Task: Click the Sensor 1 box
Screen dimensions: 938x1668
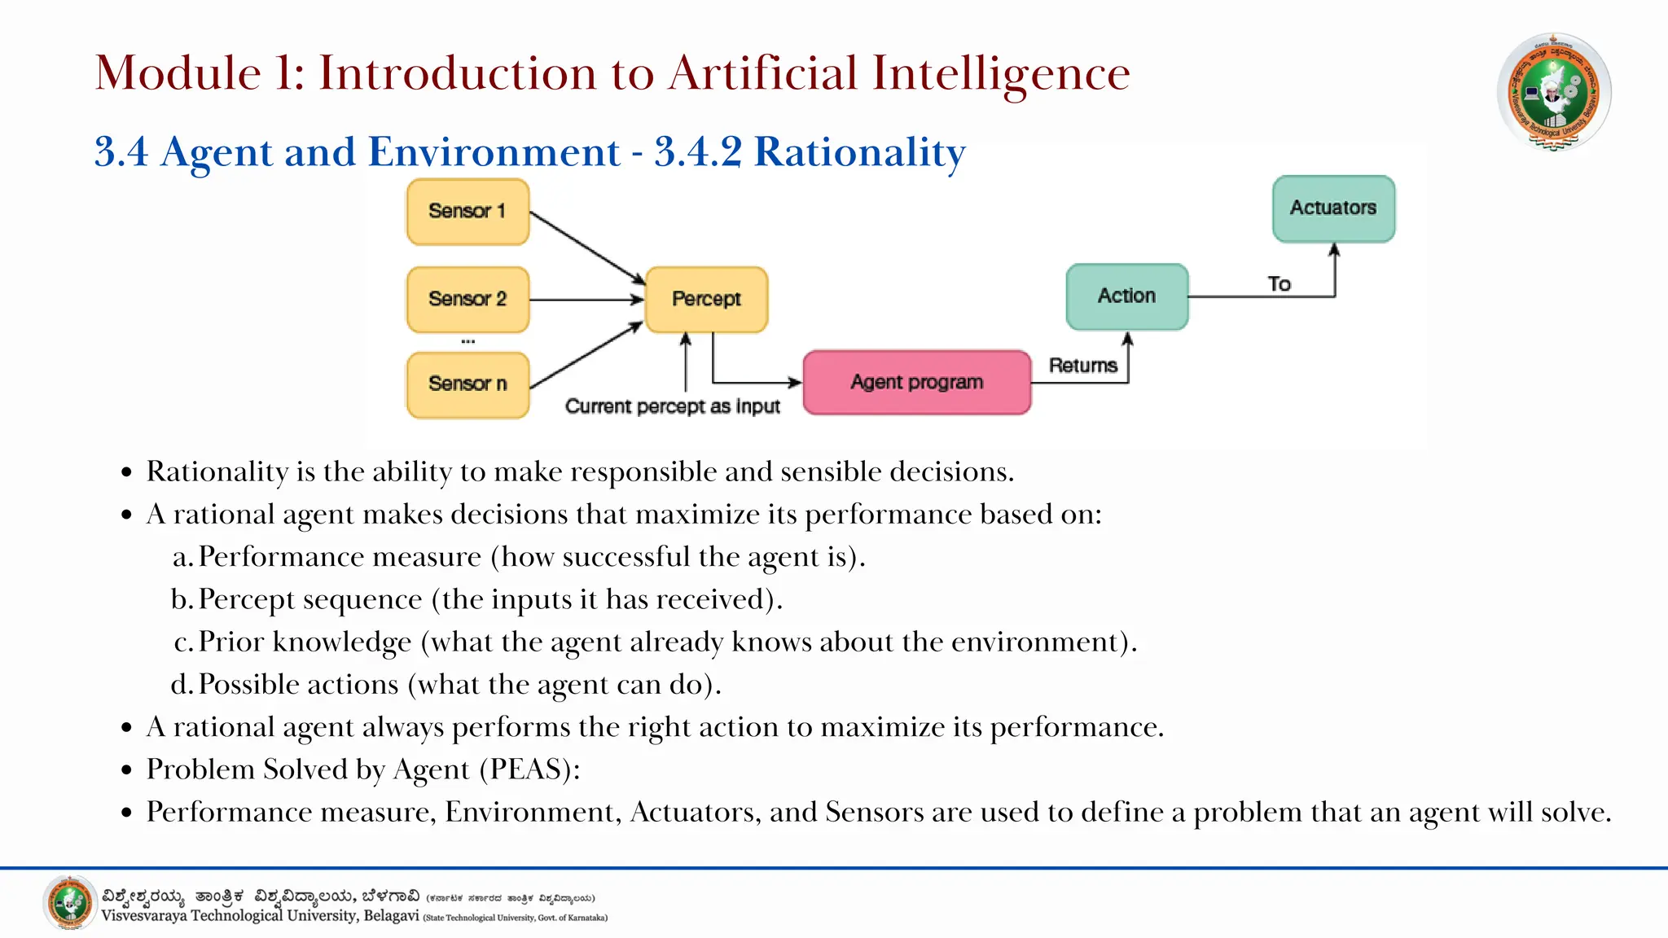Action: [x=467, y=212]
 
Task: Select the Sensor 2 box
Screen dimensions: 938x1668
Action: [x=467, y=299]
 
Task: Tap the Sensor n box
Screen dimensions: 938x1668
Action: [x=467, y=384]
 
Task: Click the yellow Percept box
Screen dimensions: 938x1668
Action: [x=706, y=299]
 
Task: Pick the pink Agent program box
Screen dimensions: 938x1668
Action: [x=916, y=383]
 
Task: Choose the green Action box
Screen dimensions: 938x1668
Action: [x=1126, y=296]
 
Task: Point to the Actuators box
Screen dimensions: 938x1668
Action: [x=1333, y=208]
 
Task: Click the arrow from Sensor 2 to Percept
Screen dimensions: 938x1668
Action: [x=586, y=300]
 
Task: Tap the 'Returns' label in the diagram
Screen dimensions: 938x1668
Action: [x=1082, y=366]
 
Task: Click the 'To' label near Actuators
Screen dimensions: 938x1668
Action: [x=1279, y=284]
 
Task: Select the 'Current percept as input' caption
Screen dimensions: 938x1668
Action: [x=673, y=406]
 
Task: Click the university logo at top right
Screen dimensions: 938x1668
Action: [x=1553, y=92]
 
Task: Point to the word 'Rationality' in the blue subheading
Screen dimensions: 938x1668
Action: [x=859, y=153]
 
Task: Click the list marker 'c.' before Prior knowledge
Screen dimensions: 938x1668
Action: [x=184, y=642]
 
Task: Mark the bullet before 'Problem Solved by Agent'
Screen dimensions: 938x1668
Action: [x=126, y=770]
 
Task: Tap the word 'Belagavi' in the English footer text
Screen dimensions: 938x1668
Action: [x=391, y=916]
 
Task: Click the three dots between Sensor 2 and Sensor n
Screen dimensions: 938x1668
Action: [x=467, y=342]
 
